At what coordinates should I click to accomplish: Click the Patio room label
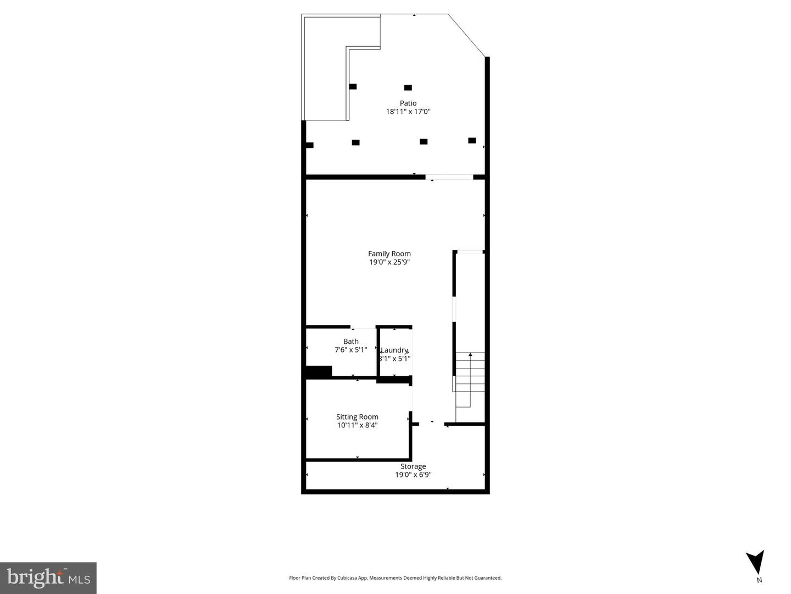[408, 103]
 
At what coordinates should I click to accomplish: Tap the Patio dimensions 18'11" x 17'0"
[408, 112]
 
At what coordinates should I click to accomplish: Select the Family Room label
[389, 254]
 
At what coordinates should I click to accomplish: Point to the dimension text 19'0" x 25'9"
[389, 262]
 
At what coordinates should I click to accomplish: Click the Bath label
[351, 342]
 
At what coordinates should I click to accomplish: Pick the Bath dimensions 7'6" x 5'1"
[351, 350]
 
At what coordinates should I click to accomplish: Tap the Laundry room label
[394, 350]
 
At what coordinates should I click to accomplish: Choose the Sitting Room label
[357, 417]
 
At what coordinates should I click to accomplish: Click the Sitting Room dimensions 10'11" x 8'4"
[357, 425]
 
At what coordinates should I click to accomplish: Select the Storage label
[413, 466]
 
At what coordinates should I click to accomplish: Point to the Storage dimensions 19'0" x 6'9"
[413, 475]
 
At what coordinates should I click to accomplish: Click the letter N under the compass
[759, 580]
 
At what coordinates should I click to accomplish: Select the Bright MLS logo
[48, 577]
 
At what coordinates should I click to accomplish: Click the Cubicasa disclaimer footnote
[396, 578]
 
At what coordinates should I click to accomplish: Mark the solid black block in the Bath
[319, 372]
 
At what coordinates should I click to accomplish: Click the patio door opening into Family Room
[449, 177]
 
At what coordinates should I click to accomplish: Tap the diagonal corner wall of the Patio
[467, 35]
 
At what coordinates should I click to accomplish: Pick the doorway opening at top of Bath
[363, 327]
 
